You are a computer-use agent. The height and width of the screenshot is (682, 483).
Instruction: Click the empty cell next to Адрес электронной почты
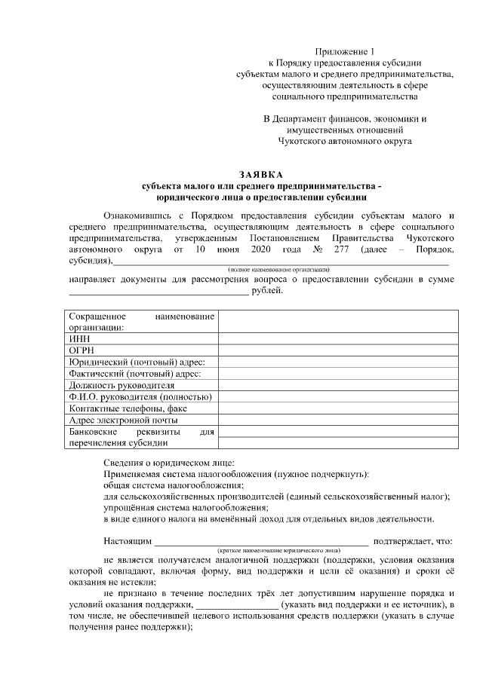point(337,420)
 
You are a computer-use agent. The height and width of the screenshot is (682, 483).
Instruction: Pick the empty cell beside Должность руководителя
point(337,385)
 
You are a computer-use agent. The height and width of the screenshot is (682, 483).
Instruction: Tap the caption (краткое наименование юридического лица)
point(278,550)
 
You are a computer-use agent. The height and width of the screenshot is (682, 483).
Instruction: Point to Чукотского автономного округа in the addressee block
point(344,141)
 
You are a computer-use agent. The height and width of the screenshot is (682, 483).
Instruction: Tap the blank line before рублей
point(158,292)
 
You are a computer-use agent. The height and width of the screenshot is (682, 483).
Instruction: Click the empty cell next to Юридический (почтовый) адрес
point(337,362)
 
